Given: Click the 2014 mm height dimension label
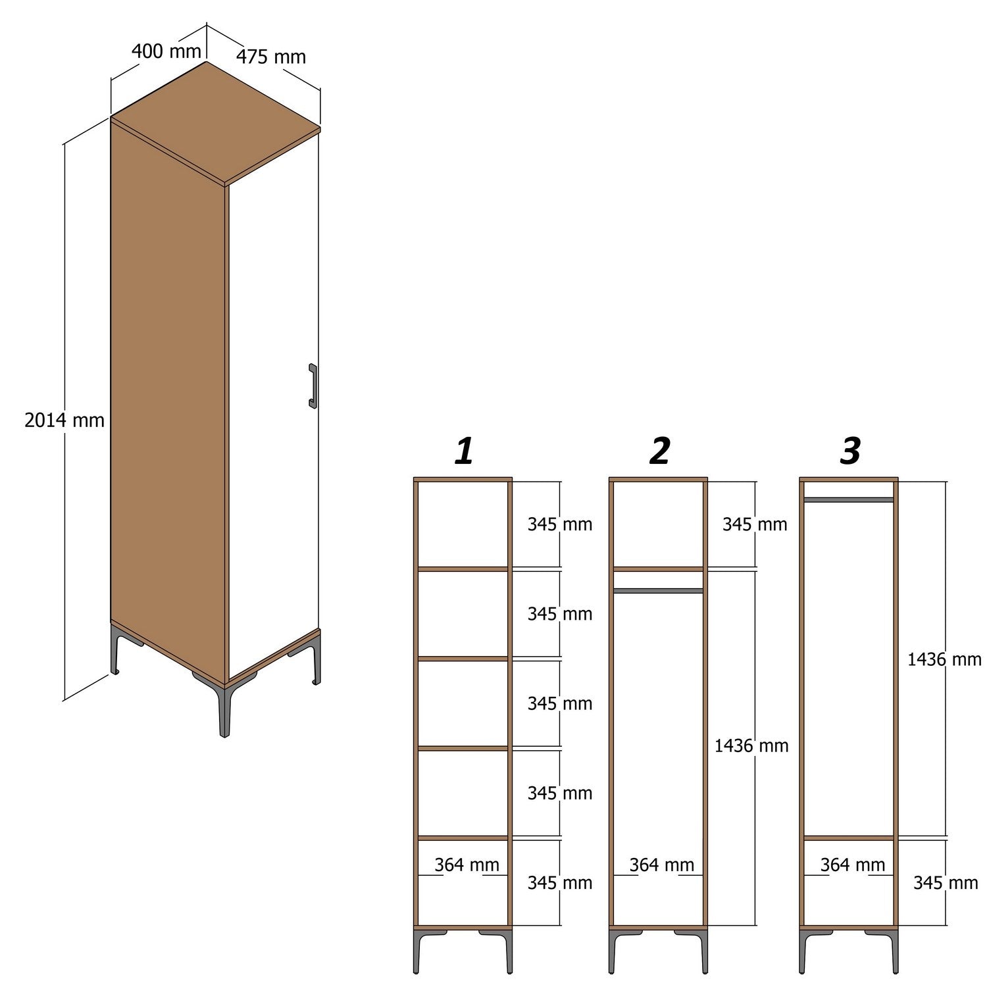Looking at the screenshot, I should pyautogui.click(x=64, y=420).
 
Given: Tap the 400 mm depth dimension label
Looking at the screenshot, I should pyautogui.click(x=166, y=51).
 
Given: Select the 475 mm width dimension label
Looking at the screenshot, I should pyautogui.click(x=271, y=57).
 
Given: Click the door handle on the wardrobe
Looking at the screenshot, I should pyautogui.click(x=313, y=386).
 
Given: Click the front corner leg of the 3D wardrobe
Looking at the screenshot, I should pyautogui.click(x=224, y=711).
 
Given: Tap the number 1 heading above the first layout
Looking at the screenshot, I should pyautogui.click(x=464, y=451).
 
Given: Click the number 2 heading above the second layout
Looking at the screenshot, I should pyautogui.click(x=659, y=451).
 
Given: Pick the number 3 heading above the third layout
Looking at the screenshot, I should pyautogui.click(x=850, y=451).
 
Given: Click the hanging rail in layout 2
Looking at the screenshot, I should pyautogui.click(x=658, y=591).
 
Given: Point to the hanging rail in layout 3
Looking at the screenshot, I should pyautogui.click(x=849, y=500).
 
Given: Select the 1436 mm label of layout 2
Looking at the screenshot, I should pyautogui.click(x=751, y=746).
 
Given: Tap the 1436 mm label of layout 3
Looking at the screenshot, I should pyautogui.click(x=944, y=659).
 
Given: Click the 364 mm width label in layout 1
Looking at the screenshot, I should pyautogui.click(x=467, y=865).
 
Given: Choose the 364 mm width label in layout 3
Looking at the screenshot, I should pyautogui.click(x=852, y=865).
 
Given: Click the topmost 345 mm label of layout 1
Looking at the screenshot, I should pyautogui.click(x=559, y=524).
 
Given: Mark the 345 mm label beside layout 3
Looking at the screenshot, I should pyautogui.click(x=945, y=882).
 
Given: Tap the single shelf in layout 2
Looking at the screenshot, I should pyautogui.click(x=658, y=569).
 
